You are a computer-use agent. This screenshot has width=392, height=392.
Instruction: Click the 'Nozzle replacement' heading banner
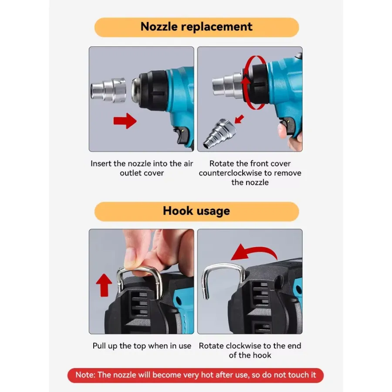pyautogui.click(x=196, y=27)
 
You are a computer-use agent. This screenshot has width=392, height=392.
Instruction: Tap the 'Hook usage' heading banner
pyautogui.click(x=196, y=212)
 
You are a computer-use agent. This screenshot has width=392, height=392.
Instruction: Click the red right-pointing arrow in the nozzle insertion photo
pyautogui.click(x=125, y=121)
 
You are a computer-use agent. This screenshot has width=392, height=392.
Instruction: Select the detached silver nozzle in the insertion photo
pyautogui.click(x=108, y=90)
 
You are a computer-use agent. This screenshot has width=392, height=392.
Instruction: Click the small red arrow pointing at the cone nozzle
pyautogui.click(x=239, y=119)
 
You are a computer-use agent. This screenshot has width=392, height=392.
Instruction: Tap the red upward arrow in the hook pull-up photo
pyautogui.click(x=104, y=285)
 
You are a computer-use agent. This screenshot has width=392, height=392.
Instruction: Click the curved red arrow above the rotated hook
pyautogui.click(x=254, y=252)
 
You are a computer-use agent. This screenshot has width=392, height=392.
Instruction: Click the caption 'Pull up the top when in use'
pyautogui.click(x=142, y=346)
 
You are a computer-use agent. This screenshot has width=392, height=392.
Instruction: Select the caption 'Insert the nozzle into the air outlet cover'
pyautogui.click(x=142, y=168)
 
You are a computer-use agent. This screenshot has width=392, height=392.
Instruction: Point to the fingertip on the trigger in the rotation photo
pyautogui.click(x=282, y=131)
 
